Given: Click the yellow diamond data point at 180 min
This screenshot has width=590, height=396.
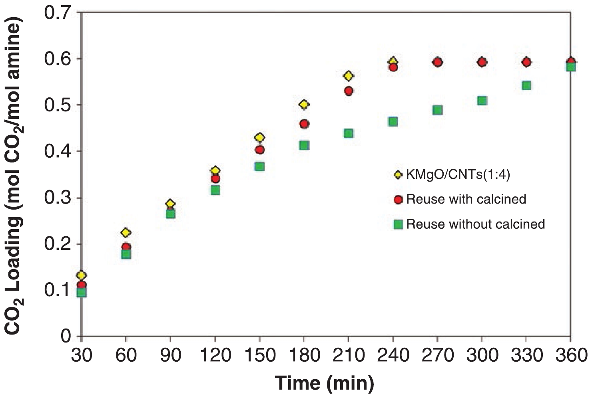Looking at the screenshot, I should click(x=304, y=105).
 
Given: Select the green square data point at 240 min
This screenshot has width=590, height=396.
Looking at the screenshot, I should click(x=393, y=121).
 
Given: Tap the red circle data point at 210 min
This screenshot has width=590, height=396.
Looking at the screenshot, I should click(x=349, y=91).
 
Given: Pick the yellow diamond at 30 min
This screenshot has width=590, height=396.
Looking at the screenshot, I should click(x=82, y=275).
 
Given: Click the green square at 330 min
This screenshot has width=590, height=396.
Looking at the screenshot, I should click(x=526, y=85).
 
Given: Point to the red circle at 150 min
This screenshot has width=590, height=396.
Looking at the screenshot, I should click(x=260, y=150).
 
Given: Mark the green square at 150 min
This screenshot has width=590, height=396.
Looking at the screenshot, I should click(x=260, y=166).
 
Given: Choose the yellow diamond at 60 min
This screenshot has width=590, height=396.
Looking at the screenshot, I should click(x=126, y=232).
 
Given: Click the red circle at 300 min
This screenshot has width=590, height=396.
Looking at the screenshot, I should click(x=482, y=62).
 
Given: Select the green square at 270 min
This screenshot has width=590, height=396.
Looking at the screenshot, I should click(x=437, y=110).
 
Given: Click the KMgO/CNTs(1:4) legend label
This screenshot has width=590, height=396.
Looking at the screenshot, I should click(x=458, y=175).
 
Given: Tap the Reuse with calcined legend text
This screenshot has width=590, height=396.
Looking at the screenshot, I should click(x=466, y=199).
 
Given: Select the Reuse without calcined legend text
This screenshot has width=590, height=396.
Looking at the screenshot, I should click(x=475, y=224).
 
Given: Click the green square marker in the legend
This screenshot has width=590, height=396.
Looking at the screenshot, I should click(x=398, y=224).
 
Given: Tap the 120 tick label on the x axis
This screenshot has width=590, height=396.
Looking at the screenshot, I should click(x=215, y=355).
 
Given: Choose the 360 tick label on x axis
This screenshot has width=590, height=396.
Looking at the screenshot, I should click(x=570, y=355).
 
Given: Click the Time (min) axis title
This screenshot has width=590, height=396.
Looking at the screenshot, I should click(x=325, y=383).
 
